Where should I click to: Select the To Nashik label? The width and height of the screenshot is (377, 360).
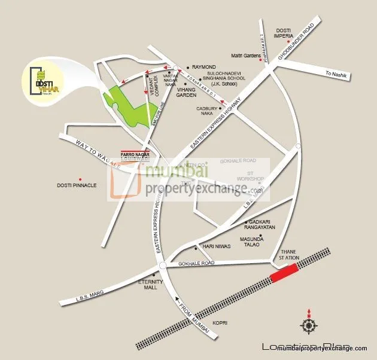pos(336,74)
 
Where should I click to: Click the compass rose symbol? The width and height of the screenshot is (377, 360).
pos(309,325)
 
